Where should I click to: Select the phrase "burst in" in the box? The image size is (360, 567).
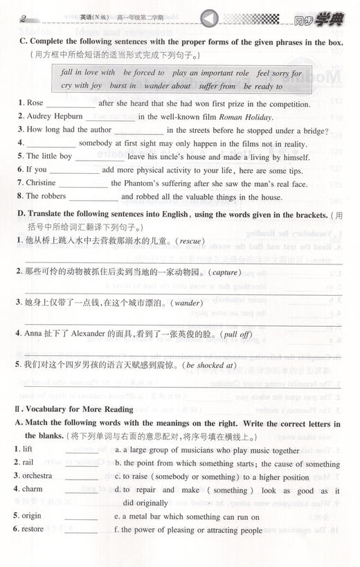128,86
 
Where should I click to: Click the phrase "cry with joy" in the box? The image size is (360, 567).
82,86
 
